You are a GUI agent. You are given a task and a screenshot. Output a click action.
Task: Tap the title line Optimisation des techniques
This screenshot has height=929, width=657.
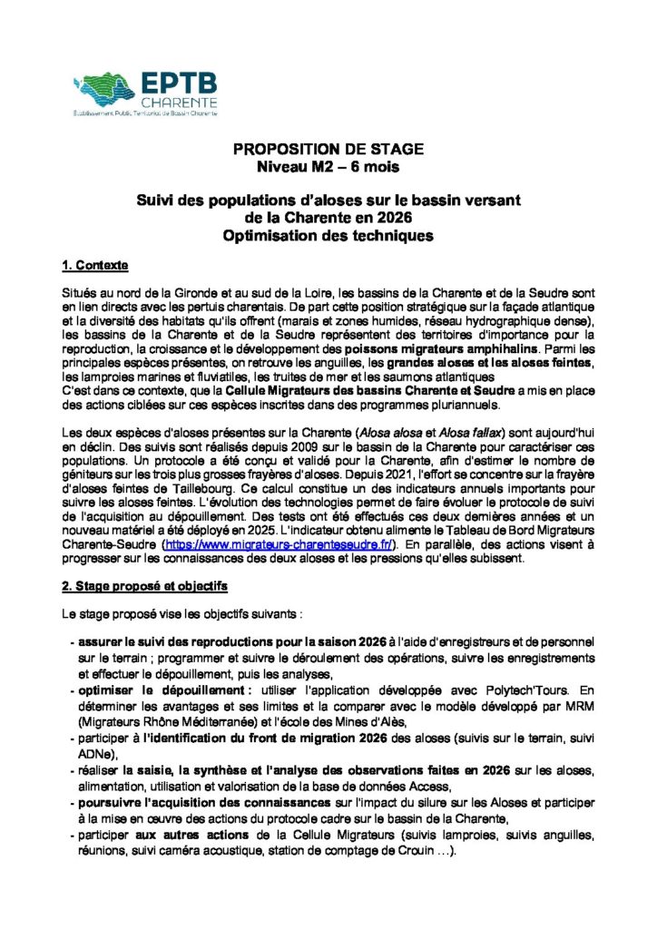[x=328, y=237]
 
